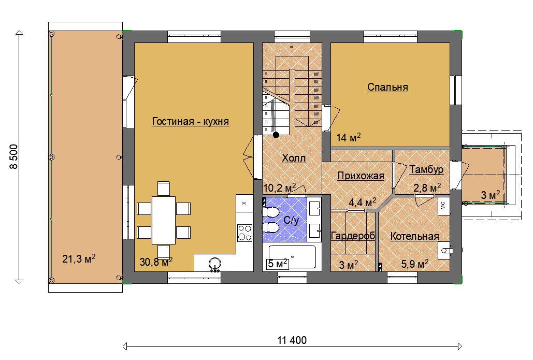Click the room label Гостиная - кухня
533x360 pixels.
(x=191, y=121)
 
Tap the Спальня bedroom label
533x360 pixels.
(x=387, y=87)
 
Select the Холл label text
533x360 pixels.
(x=294, y=158)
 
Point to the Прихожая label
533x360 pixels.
(x=361, y=176)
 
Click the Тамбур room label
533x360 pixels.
(x=426, y=169)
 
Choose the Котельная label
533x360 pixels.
(x=414, y=236)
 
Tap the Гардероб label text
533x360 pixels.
(x=353, y=236)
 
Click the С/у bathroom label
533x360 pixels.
(x=291, y=220)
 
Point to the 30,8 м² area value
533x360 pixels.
(x=156, y=262)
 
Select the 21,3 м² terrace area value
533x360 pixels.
(x=79, y=258)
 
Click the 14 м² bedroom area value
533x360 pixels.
(x=349, y=137)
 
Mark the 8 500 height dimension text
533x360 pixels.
(x=13, y=157)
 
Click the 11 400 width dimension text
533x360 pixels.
(x=292, y=340)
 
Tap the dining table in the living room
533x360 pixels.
(x=164, y=220)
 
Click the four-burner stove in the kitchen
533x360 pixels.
(x=244, y=233)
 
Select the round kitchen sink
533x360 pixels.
(x=214, y=264)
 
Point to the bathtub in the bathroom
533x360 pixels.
(x=292, y=257)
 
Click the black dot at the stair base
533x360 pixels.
(x=276, y=135)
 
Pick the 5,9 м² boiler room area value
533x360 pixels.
(x=415, y=264)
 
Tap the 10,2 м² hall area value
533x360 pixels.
(x=279, y=188)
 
